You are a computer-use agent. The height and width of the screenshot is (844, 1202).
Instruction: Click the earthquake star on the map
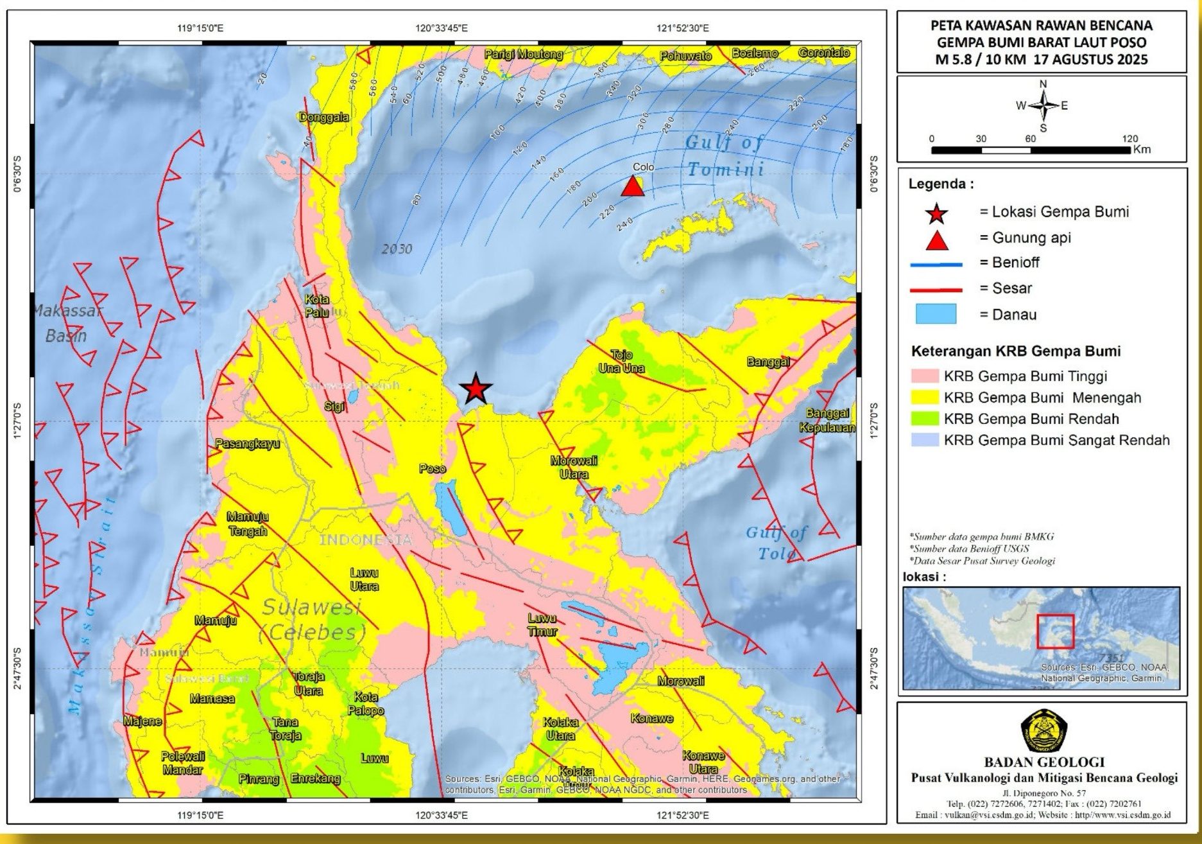(x=476, y=389)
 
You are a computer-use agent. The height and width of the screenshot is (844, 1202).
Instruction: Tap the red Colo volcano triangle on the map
(x=633, y=187)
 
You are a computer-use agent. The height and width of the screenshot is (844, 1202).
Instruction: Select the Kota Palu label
(x=316, y=306)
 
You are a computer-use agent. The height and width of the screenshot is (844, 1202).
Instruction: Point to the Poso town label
(x=433, y=469)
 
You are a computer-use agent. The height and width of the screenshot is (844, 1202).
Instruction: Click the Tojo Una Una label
(x=621, y=362)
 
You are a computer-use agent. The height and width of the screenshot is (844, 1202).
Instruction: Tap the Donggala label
(x=324, y=117)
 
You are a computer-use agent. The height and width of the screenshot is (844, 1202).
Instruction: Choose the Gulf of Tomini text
(x=725, y=155)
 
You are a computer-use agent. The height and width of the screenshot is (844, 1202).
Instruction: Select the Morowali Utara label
(x=574, y=468)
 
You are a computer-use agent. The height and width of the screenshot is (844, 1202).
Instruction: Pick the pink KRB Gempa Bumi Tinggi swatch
(x=925, y=376)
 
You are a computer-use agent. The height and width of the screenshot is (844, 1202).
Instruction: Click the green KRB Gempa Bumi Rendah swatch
(x=925, y=419)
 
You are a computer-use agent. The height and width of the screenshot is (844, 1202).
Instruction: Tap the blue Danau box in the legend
(x=936, y=314)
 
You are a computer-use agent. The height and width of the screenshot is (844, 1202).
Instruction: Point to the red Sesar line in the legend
(x=936, y=289)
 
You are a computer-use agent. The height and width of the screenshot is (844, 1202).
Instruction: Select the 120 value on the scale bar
(x=1130, y=139)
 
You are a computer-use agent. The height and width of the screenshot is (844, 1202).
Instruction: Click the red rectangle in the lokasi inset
(x=1055, y=631)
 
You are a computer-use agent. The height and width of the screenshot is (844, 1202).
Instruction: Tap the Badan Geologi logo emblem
(x=1043, y=731)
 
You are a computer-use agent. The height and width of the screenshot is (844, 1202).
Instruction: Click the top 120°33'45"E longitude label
(x=442, y=28)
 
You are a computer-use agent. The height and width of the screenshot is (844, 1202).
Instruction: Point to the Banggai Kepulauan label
(x=827, y=420)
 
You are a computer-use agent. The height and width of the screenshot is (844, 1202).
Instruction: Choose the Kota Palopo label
(x=366, y=704)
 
